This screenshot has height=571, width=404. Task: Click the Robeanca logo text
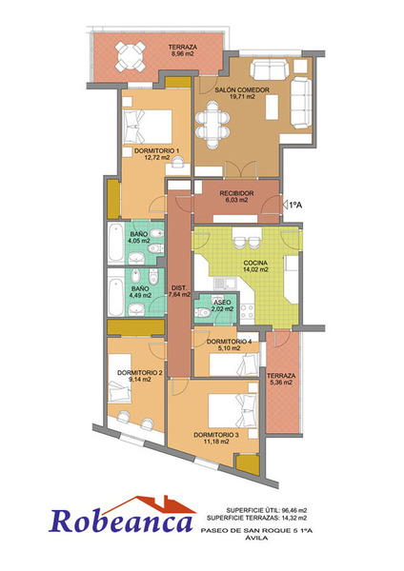coord(121,522)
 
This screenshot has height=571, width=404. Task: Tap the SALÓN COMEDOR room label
coord(242,89)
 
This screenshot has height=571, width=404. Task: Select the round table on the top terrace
coord(131,56)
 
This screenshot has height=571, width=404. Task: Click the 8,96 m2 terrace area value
coord(182,53)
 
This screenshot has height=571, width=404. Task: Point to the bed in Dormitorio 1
coord(148,127)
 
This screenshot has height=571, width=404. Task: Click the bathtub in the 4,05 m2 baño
coord(116,243)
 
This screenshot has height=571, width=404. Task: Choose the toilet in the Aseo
coord(203,312)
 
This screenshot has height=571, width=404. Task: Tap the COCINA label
coord(255,263)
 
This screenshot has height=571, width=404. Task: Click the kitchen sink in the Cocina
coord(225,284)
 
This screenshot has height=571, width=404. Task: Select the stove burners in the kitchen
coord(247,312)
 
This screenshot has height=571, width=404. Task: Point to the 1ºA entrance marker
coord(293,205)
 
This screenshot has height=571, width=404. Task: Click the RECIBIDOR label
coord(236,193)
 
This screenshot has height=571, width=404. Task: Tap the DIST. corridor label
coord(179,287)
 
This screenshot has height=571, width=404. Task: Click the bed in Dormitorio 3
coord(232,411)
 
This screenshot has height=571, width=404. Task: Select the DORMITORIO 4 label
coord(229,342)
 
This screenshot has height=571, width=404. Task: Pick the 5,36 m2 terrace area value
coord(281,383)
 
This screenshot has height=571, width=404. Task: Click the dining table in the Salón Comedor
coord(212,125)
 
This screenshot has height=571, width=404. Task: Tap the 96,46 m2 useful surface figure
coord(294,510)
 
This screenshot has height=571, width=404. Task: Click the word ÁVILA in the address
coord(256,538)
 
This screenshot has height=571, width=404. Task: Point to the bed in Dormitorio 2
coord(120,379)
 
